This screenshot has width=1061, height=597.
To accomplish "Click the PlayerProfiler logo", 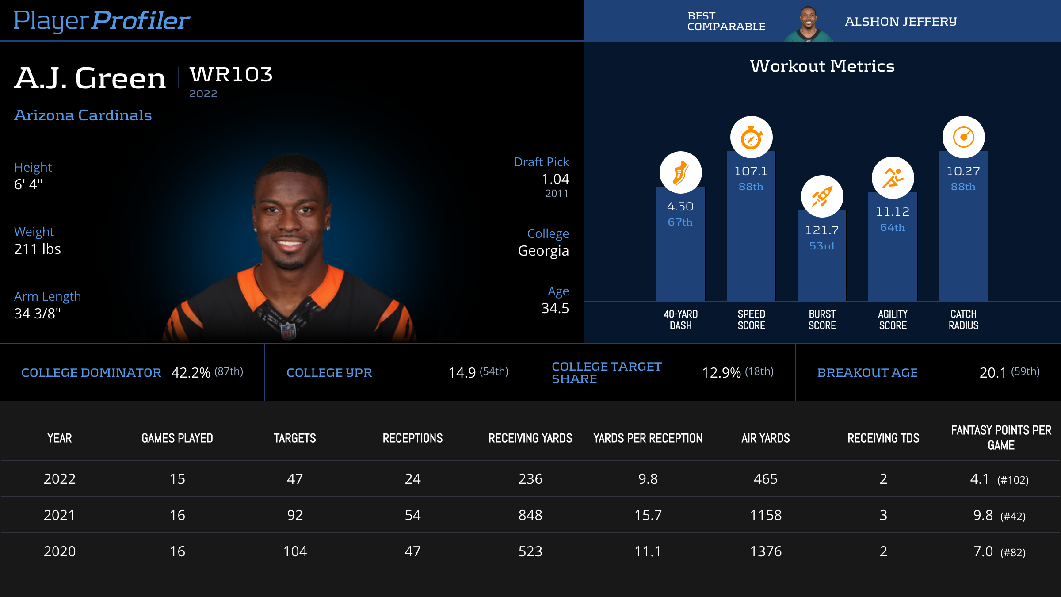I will pos(102,20).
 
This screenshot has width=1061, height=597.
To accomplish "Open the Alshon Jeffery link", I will pos(901,21).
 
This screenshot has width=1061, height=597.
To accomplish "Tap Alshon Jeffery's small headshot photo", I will pos(809,24).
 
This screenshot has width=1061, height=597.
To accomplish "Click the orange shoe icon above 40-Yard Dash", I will pos(680,172).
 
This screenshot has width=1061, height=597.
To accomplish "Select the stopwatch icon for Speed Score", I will pos(751,137).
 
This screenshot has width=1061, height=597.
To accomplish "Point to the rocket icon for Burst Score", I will pos(822,196).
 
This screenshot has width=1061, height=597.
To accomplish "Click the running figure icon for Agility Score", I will pos(893,178).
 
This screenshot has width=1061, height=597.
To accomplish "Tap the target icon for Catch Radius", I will pos(963,137).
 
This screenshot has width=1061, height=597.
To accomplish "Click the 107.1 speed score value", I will pos(751,171).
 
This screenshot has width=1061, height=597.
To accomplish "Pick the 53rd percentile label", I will pos(821,246).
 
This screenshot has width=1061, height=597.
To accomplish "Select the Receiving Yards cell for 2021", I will pos(530,515).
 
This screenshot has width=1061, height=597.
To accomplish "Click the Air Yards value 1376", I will pos(766,551).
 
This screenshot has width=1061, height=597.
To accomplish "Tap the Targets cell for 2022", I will pos(295,479).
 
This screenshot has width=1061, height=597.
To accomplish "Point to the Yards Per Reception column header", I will pos(648,438).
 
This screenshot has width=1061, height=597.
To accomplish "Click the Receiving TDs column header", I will pos(883,438).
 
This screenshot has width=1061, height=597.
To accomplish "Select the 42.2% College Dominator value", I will pos(191,373).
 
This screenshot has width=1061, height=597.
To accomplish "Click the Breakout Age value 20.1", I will pos(992,373).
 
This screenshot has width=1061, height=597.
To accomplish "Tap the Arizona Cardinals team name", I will pos(83,115).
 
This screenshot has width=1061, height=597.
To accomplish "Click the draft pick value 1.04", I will pos(555,179).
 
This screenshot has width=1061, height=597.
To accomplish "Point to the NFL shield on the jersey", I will pos(288,331).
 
